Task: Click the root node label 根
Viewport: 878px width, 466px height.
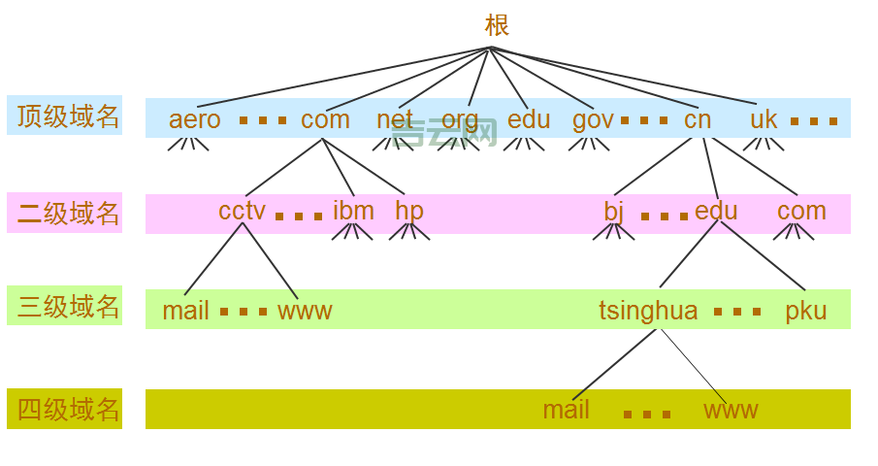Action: [497, 25]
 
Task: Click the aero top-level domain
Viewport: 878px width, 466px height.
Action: [194, 119]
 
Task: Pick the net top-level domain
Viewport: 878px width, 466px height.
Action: [395, 119]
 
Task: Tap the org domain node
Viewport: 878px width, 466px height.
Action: [460, 120]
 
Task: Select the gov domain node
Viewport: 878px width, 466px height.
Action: [593, 120]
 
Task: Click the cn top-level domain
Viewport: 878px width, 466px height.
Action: [697, 119]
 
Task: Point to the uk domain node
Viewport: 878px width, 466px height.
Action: [764, 119]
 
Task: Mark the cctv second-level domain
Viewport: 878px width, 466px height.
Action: [242, 211]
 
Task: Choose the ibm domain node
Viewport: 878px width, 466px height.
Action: [353, 211]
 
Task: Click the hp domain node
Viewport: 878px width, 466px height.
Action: [409, 212]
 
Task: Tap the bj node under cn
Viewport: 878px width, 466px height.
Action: [614, 212]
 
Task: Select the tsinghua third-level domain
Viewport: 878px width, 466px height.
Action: [648, 311]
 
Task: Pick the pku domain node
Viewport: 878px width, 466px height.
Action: [806, 311]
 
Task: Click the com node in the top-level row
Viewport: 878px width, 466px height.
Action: [325, 119]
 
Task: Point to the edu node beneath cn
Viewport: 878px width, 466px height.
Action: [716, 211]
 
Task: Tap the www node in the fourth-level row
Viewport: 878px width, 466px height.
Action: [731, 410]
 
